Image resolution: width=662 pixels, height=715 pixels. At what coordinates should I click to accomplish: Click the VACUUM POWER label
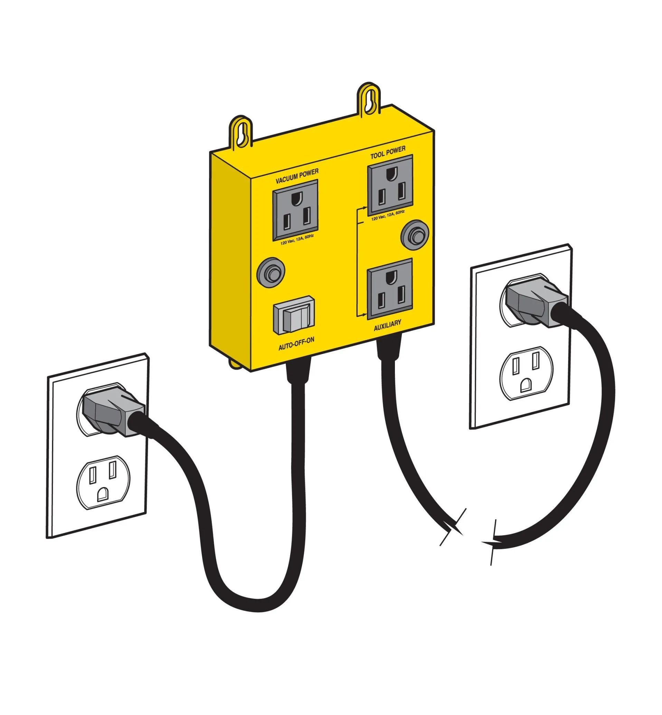pos(297,176)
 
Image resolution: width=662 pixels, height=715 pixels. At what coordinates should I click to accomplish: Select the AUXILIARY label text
pos(388,325)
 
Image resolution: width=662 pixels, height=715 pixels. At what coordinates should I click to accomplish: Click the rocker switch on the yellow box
pos(294,315)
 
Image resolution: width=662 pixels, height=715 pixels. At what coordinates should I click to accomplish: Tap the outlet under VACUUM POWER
pos(295,210)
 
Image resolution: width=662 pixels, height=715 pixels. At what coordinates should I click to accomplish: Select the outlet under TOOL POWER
pos(390,185)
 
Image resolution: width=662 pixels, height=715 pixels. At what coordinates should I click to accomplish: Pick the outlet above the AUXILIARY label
pos(390,289)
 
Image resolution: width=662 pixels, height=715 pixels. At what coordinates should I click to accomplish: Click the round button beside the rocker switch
pos(271,272)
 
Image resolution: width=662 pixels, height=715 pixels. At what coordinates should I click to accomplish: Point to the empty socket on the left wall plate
pos(103,482)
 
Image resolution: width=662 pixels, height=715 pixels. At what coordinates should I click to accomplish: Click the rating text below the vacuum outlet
pos(297,239)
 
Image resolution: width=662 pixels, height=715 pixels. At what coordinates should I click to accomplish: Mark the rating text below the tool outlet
pos(388,215)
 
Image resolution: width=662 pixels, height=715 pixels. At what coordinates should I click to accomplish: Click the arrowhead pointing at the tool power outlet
pos(365,207)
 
